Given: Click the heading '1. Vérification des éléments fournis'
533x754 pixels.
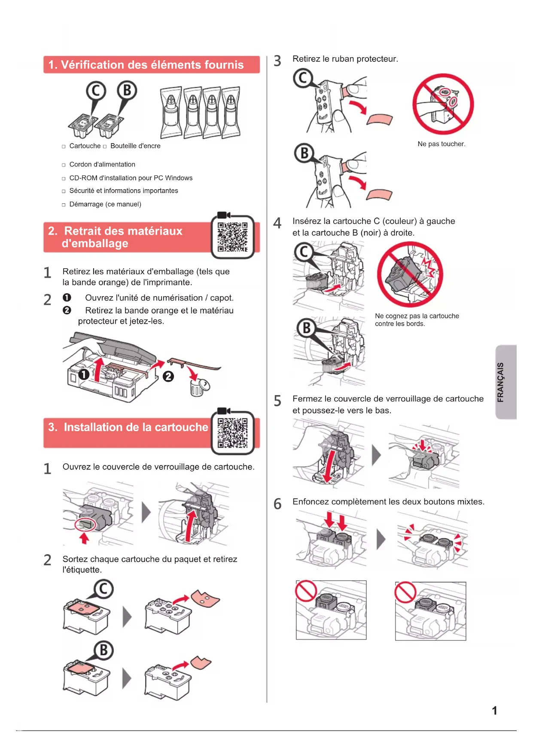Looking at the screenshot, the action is [146, 65].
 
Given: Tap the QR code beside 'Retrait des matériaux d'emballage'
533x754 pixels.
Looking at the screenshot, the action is [232, 237].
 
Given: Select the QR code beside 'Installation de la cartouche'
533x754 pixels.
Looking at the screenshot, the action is [232, 433].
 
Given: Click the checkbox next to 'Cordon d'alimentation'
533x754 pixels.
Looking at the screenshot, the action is [64, 165].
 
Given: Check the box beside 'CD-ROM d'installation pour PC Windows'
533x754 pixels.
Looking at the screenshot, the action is [64, 178].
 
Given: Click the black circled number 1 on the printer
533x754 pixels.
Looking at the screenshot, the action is [84, 374].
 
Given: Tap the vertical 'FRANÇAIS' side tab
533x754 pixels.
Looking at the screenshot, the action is [506, 382].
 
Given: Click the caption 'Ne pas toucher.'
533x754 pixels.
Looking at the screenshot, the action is [442, 144].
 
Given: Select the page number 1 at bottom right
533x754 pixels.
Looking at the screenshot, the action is [494, 711].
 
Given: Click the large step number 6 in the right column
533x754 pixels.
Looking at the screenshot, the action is [277, 504].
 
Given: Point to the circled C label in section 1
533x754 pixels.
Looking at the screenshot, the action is [96, 91].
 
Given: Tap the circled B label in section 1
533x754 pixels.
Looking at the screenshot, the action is [127, 91].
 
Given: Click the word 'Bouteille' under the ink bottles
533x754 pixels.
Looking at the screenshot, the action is [123, 146].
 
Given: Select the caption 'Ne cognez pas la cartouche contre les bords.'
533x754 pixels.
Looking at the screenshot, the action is [417, 320].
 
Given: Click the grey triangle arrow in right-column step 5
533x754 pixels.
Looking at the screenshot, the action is [376, 455].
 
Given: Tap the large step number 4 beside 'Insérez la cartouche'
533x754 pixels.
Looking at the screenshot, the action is [277, 223].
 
